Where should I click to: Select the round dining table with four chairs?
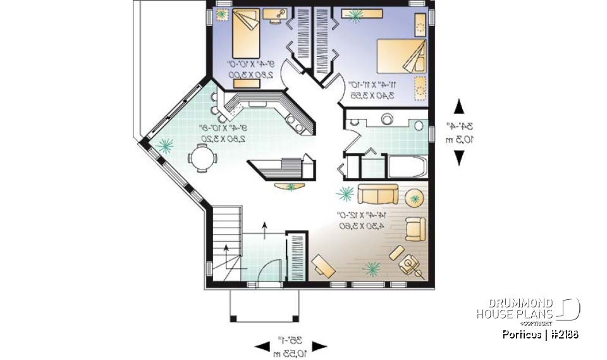point(202,158)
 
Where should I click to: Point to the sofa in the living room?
point(377,194)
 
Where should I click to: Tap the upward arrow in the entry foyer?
point(264,228)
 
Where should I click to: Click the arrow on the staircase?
point(226,247)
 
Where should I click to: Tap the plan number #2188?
point(564,334)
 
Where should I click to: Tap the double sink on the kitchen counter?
point(295,120)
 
